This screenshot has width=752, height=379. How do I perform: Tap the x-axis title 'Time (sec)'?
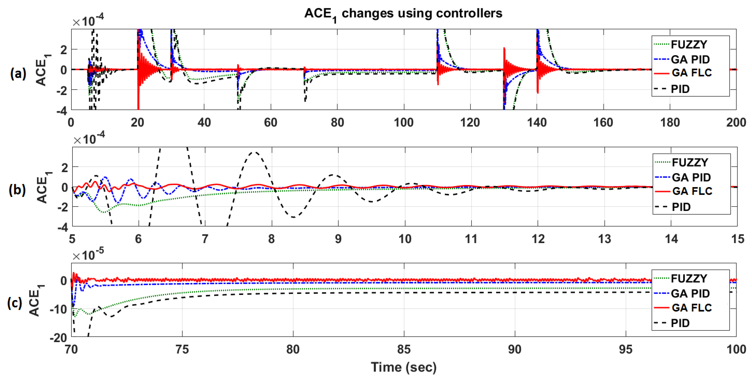(x=404, y=367)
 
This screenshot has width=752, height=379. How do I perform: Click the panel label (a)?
(x=18, y=73)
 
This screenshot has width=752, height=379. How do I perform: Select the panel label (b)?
(x=17, y=190)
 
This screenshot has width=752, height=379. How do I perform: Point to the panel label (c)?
(x=15, y=303)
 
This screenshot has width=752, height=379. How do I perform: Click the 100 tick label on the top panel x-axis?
(x=404, y=123)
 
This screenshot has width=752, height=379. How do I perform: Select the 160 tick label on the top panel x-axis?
(x=603, y=123)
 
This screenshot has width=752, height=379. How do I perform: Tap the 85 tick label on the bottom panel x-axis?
(x=404, y=349)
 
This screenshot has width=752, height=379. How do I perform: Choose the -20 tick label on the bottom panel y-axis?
(x=58, y=338)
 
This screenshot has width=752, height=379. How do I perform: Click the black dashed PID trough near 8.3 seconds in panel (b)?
(x=293, y=217)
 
